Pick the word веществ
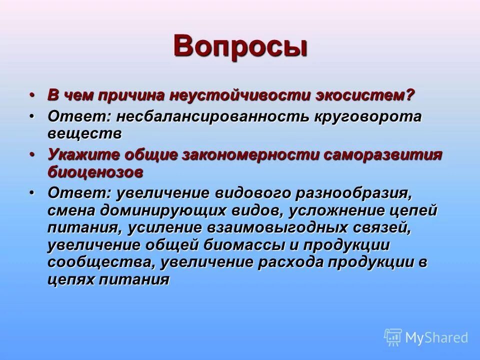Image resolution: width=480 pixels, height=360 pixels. point(84,133)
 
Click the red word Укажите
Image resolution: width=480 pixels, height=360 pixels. point(82,155)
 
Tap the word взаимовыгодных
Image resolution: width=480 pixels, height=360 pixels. point(277,227)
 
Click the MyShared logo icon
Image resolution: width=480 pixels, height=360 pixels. point(393,337)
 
